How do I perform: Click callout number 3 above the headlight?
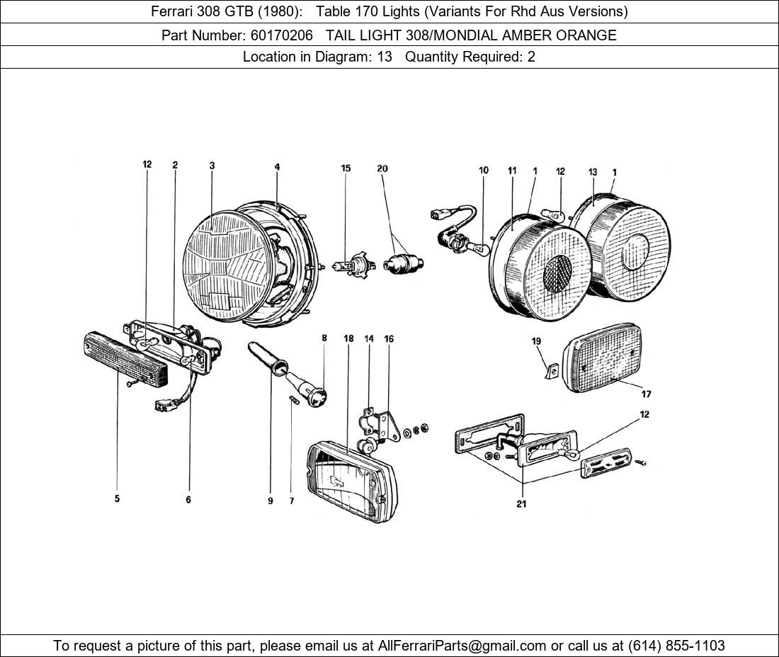point(212,166)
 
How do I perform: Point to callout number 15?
point(346,168)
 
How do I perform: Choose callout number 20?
point(382,168)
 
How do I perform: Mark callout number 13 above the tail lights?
point(593,172)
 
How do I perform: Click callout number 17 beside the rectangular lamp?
point(646,394)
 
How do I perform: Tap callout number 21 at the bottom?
point(521,504)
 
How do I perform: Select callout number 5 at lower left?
point(117,499)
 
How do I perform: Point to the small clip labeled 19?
point(552,369)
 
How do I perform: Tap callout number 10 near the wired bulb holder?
point(484,171)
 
